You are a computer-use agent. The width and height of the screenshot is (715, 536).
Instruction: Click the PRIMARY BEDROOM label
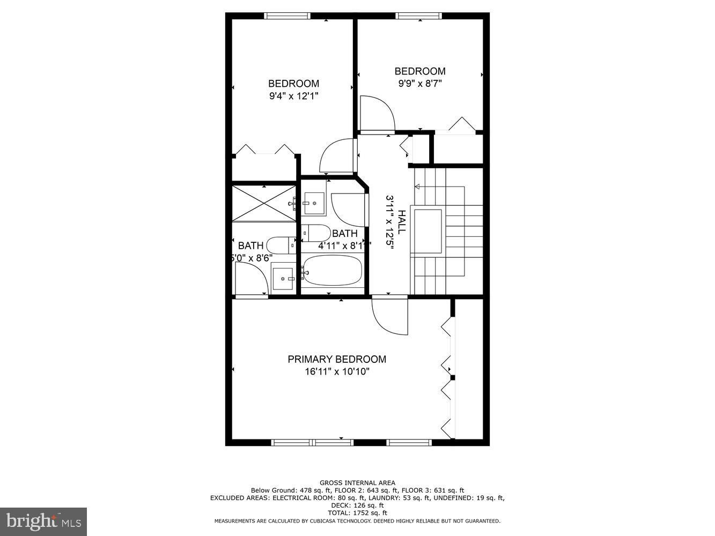(x=337, y=359)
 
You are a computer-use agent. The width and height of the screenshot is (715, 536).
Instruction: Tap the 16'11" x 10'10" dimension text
(x=337, y=371)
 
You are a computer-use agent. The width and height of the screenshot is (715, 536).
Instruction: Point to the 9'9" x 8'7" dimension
(x=420, y=84)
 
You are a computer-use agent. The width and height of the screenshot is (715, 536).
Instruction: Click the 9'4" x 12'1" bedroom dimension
(x=293, y=96)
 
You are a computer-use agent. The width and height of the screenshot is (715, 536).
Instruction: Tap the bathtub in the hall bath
(x=331, y=270)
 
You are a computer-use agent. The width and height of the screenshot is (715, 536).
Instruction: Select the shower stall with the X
(x=264, y=203)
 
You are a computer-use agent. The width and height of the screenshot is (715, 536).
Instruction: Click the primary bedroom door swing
(x=389, y=316)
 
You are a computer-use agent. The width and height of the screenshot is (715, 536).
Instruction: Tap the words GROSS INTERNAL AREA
(x=357, y=483)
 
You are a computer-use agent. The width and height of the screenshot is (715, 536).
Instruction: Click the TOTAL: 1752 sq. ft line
(x=357, y=513)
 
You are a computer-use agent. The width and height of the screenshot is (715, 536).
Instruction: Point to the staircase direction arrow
(x=417, y=187)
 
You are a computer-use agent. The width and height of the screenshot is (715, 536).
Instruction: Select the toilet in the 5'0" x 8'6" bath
(x=281, y=245)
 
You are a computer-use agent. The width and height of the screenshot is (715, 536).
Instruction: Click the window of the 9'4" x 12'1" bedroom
(x=288, y=16)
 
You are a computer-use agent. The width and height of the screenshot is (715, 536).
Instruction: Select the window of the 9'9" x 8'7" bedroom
(x=419, y=16)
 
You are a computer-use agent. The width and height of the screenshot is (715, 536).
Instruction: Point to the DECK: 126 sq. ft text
(x=357, y=505)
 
